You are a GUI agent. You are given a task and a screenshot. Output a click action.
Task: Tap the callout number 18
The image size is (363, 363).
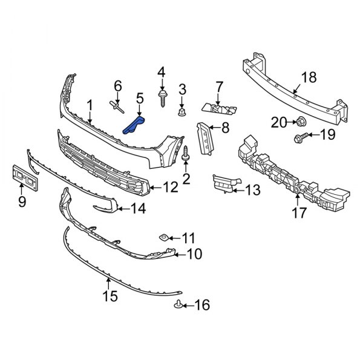click(x=309, y=77)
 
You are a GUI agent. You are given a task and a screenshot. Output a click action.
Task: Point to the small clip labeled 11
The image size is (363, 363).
click(x=163, y=236)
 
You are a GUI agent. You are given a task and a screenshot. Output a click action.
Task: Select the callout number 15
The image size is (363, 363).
click(x=110, y=297)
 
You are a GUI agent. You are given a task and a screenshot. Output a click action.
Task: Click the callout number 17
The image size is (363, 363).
click(x=298, y=212)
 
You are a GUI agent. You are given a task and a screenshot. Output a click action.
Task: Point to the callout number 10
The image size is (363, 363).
click(x=194, y=254)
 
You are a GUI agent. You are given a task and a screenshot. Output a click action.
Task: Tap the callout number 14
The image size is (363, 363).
click(x=139, y=210)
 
